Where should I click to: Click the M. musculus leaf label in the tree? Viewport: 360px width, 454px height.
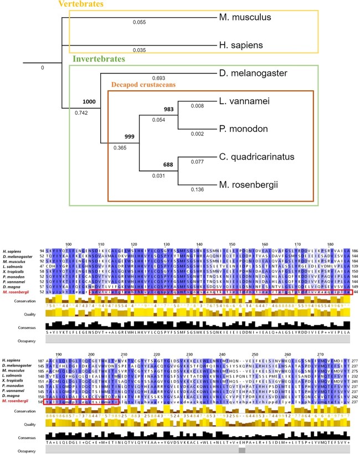(244, 18)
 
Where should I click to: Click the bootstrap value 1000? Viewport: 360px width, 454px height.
(89, 102)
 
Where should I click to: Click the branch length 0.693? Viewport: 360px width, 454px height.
(158, 79)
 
